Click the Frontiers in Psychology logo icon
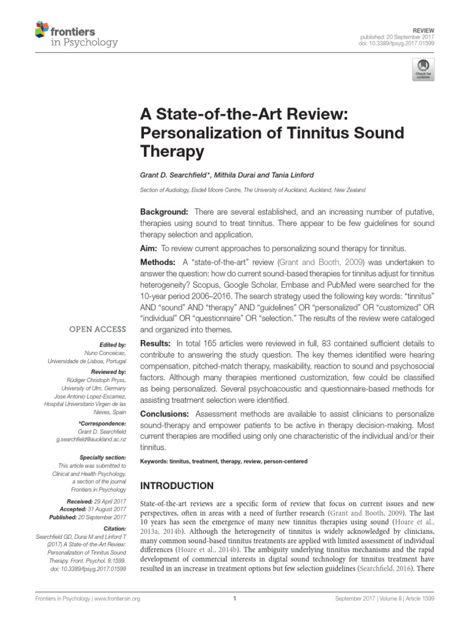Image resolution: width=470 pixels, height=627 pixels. click(x=42, y=29)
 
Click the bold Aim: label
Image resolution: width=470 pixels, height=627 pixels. click(x=149, y=248)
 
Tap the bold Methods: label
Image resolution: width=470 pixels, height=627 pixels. click(x=159, y=263)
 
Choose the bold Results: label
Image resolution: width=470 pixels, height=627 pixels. click(x=157, y=343)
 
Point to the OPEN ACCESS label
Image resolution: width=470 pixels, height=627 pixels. click(x=98, y=329)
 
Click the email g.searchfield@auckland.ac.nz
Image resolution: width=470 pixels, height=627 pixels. click(x=91, y=440)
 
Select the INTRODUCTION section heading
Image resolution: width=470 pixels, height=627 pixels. click(x=177, y=486)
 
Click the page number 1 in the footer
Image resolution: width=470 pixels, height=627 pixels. click(x=235, y=599)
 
